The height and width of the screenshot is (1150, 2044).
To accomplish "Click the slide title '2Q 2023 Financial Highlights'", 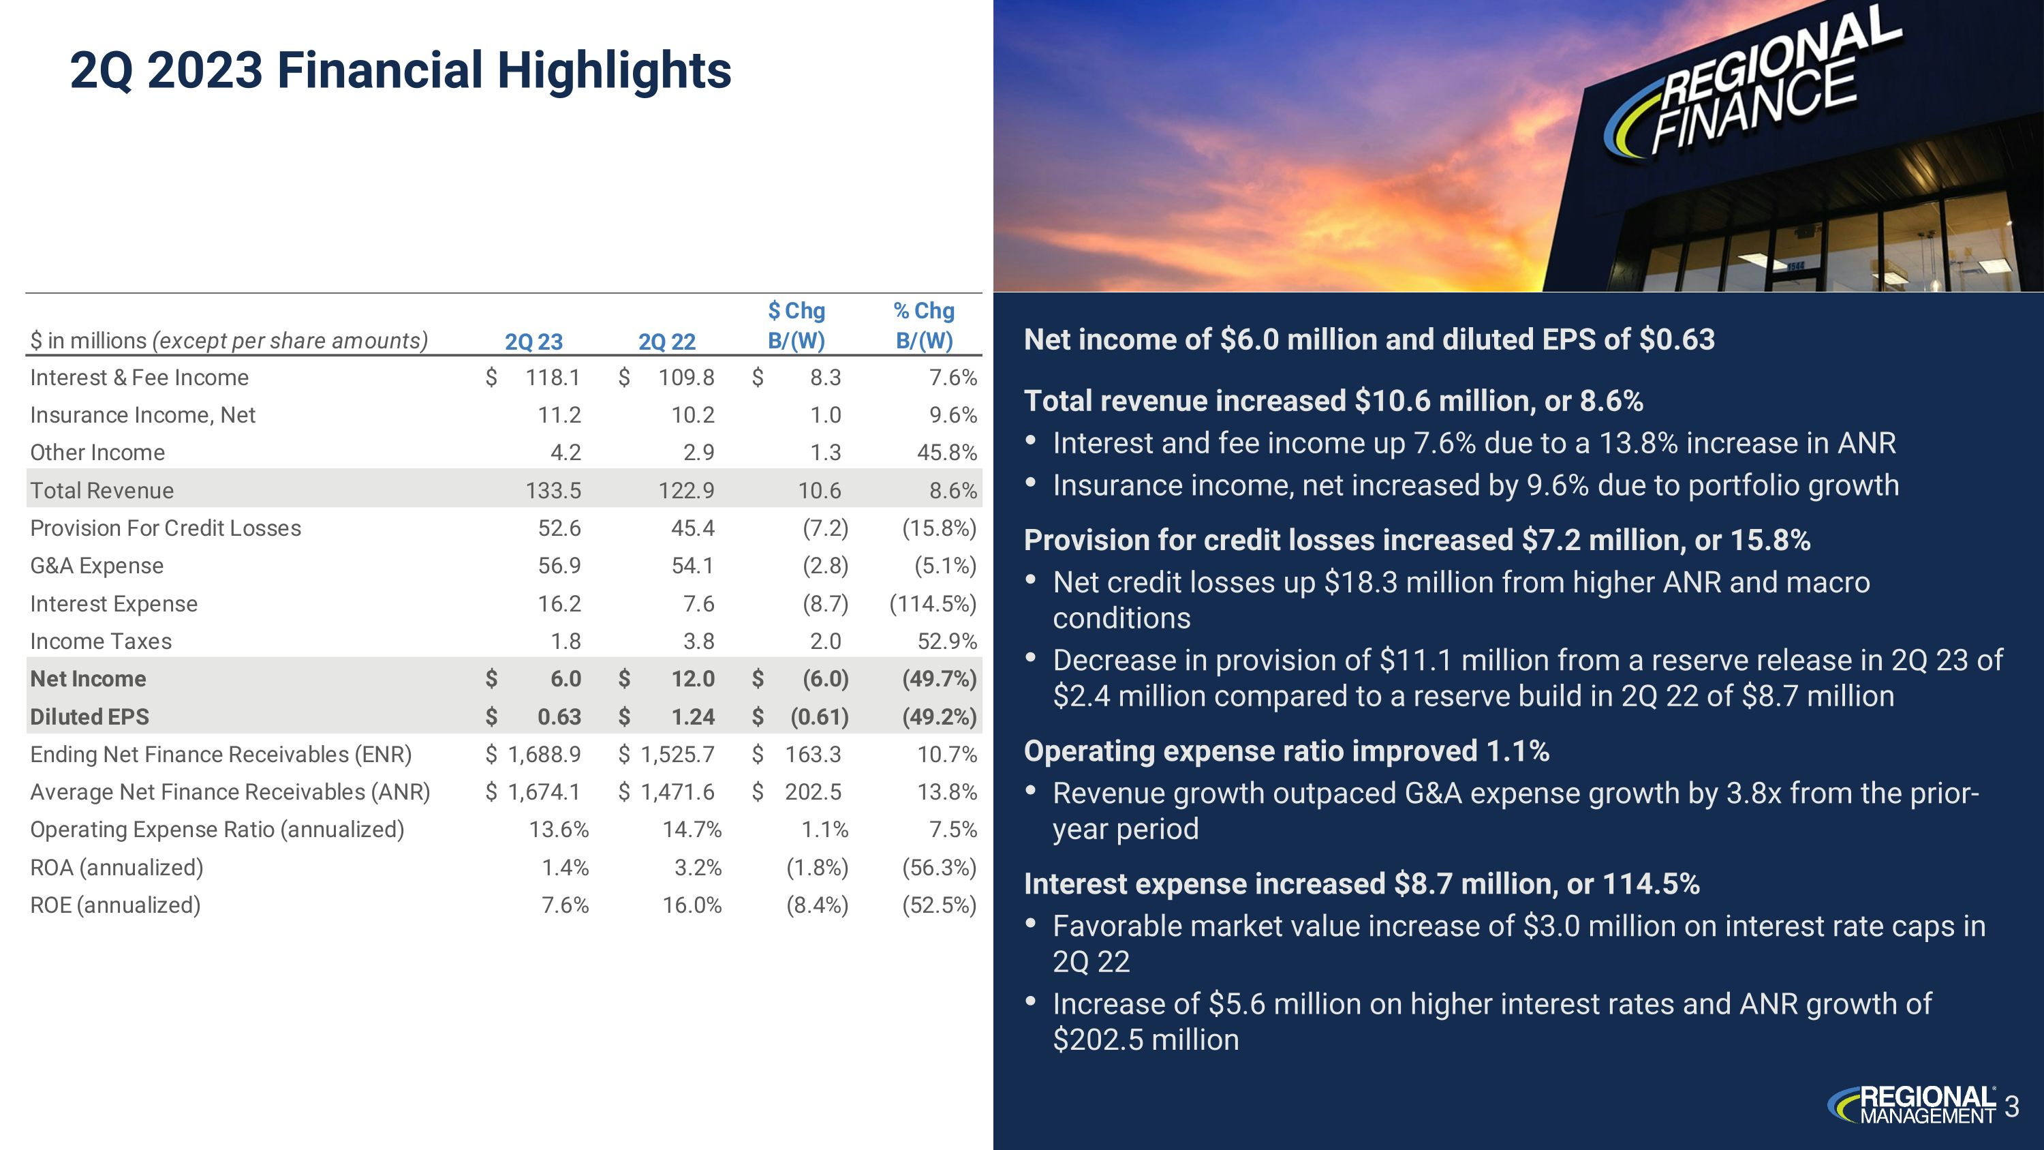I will click(x=400, y=71).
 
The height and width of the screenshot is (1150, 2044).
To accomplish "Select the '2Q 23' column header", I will click(x=533, y=342).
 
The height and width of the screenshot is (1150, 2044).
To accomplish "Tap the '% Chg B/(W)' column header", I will click(x=924, y=325).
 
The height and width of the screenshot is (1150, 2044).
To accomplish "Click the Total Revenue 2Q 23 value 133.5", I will click(x=553, y=491).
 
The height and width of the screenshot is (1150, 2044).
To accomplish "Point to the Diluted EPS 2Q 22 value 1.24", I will click(x=693, y=716).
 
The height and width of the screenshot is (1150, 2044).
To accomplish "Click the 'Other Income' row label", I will click(x=97, y=453).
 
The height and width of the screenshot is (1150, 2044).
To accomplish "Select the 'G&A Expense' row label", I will click(x=97, y=566).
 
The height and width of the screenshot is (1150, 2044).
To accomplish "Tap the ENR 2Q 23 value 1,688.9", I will click(x=544, y=754).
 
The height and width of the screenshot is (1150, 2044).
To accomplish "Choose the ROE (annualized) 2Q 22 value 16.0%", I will click(x=692, y=905).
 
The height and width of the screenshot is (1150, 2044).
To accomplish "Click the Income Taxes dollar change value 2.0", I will click(x=825, y=641).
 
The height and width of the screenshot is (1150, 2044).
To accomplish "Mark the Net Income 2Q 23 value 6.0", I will click(x=566, y=678).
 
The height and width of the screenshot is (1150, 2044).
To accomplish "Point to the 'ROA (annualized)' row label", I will click(x=117, y=868).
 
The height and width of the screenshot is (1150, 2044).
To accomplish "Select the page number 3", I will click(x=2011, y=1106).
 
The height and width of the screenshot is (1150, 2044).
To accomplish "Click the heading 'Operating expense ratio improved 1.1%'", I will click(x=1286, y=751).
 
